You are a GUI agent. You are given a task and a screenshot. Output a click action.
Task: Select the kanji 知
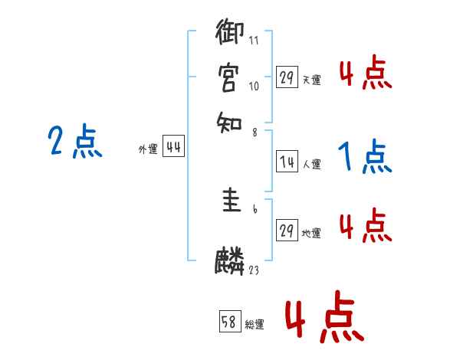pyautogui.click(x=231, y=120)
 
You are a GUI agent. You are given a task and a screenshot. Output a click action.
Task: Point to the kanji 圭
pyautogui.click(x=231, y=203)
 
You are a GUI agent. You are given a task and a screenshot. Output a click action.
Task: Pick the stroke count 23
pyautogui.click(x=254, y=270)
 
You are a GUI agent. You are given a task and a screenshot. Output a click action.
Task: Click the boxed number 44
pyautogui.click(x=173, y=149)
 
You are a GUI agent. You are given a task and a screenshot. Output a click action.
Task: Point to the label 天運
pyautogui.click(x=311, y=79)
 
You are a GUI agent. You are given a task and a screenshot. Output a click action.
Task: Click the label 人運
pyautogui.click(x=311, y=164)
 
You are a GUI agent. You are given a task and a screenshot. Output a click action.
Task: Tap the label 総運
pyautogui.click(x=255, y=324)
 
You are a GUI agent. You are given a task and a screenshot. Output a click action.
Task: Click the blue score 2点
pyautogui.click(x=74, y=142)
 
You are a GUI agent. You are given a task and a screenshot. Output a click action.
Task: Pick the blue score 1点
pyautogui.click(x=365, y=158)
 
